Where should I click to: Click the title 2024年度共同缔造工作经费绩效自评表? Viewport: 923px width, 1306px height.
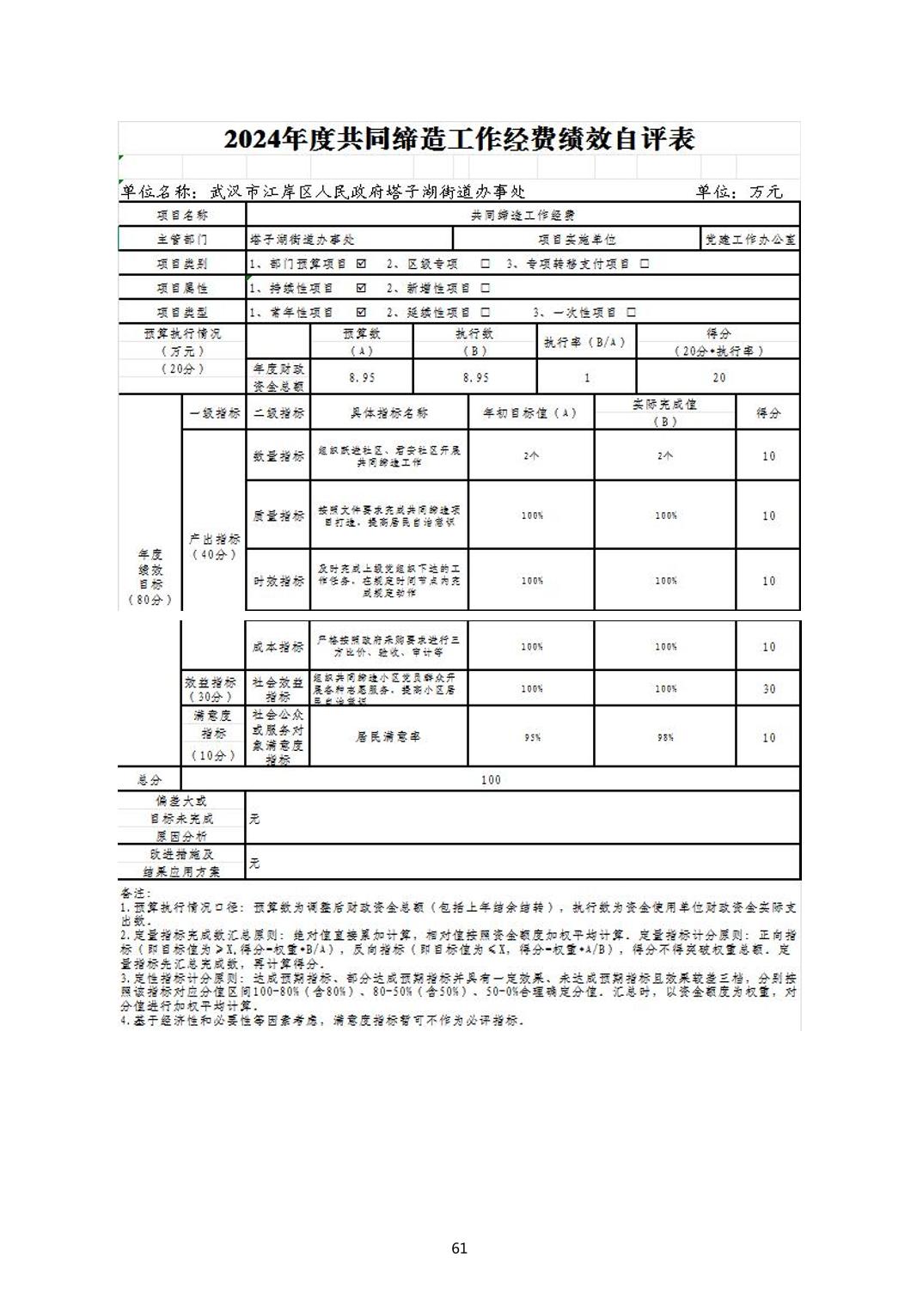(459, 139)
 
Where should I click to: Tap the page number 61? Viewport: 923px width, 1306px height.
(459, 1248)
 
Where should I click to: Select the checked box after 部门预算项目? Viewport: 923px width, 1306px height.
(361, 264)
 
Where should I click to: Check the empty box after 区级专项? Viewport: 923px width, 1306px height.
(486, 264)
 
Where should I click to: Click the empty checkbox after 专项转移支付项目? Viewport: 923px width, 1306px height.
(645, 264)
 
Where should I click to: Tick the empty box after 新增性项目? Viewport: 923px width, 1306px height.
(486, 288)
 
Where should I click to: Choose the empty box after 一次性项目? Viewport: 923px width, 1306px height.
(632, 313)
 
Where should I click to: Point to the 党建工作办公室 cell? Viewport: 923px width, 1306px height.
(750, 240)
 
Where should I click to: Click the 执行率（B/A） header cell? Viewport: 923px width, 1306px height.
(586, 342)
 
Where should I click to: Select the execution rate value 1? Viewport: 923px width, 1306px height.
(587, 377)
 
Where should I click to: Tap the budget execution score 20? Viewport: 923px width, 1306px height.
(718, 377)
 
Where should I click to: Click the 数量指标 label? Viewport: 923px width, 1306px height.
(278, 456)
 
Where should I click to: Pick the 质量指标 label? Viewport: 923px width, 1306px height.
(278, 516)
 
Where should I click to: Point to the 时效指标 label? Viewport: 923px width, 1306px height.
(278, 581)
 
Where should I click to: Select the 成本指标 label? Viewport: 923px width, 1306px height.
(278, 647)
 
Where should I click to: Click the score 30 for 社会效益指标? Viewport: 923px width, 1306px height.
(768, 689)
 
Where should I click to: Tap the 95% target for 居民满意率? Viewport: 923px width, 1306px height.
(532, 737)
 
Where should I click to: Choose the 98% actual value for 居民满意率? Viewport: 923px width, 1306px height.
(665, 737)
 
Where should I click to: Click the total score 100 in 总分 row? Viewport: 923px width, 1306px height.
(491, 779)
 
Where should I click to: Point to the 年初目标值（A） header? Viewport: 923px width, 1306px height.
(530, 413)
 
